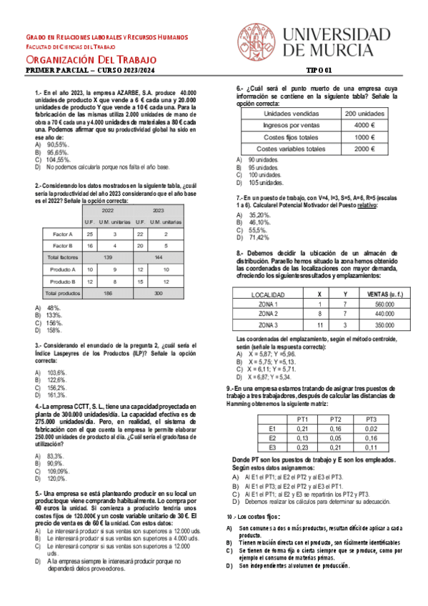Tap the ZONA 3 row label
coord(269,324)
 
